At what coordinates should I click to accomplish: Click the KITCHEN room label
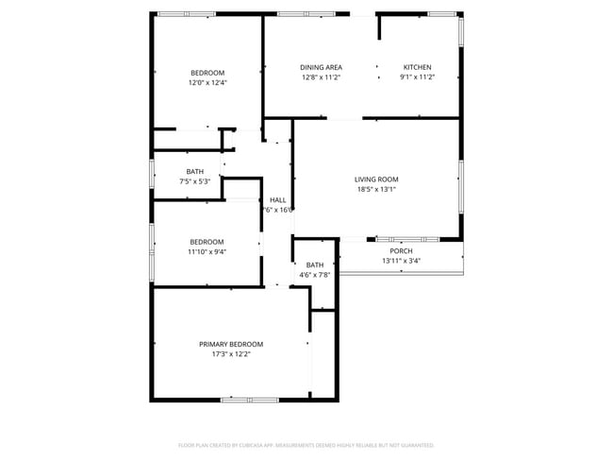click(x=417, y=67)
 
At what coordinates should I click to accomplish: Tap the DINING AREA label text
click(x=321, y=67)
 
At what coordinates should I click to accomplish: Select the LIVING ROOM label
click(x=376, y=179)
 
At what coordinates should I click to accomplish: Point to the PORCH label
click(x=401, y=250)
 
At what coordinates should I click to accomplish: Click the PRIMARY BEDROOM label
click(x=230, y=344)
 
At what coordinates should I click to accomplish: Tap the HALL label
click(x=278, y=200)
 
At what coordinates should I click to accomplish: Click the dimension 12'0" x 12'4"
click(x=207, y=82)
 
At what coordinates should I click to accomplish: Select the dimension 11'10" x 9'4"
click(x=207, y=251)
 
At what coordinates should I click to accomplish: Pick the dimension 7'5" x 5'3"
click(x=194, y=181)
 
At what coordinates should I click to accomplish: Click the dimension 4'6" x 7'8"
click(x=315, y=275)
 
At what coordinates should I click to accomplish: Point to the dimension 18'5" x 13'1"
click(x=376, y=189)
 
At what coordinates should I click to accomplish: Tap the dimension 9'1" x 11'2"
click(x=417, y=77)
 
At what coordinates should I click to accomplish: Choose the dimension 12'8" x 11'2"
click(x=321, y=77)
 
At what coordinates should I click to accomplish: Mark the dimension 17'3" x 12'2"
click(x=230, y=354)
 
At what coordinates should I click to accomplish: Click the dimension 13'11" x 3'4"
click(x=401, y=261)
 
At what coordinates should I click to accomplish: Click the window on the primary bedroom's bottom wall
click(x=249, y=400)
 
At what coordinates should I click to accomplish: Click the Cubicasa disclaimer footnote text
click(x=306, y=444)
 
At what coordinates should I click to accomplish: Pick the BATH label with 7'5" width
click(x=194, y=171)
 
